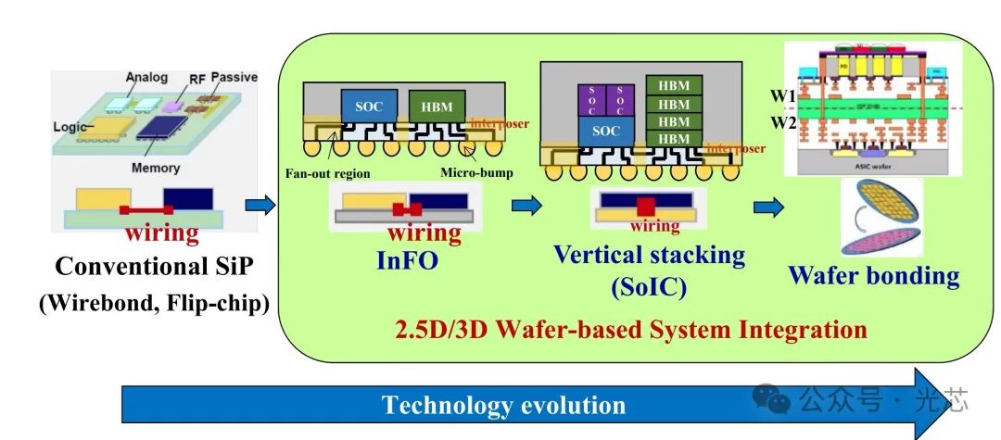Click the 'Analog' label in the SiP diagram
pos(146,78)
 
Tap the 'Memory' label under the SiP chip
pos(155,168)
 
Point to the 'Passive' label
pos(234,77)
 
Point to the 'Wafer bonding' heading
pos(873,275)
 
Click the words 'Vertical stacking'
pos(649,255)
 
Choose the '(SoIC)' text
pos(648,287)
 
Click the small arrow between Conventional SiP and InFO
pos(260,206)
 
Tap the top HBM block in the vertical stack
pos(674,86)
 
